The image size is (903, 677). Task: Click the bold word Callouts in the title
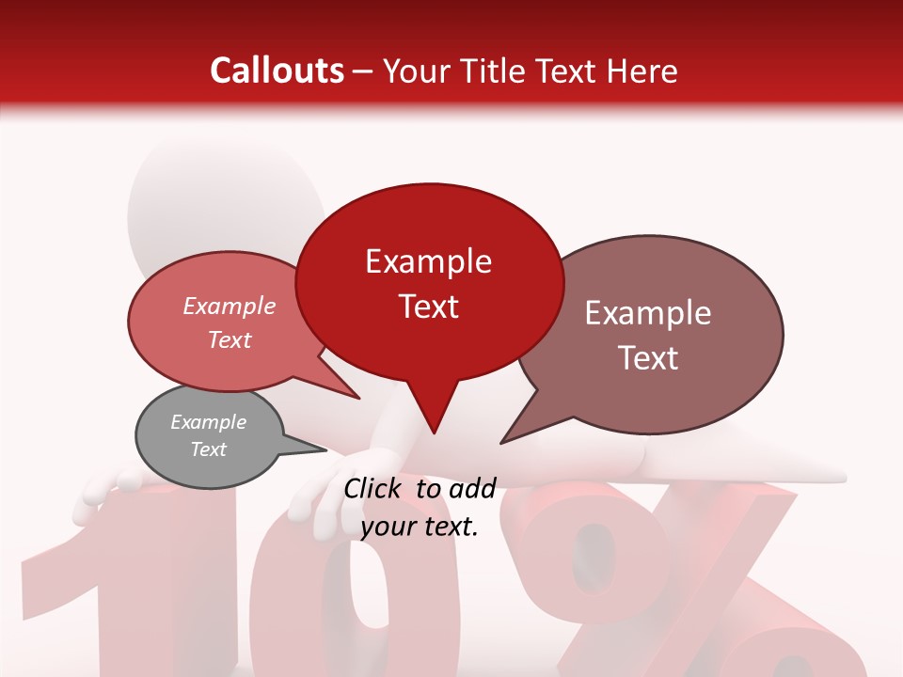click(277, 71)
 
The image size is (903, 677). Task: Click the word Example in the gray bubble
click(208, 422)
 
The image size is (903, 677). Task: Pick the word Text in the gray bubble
click(208, 449)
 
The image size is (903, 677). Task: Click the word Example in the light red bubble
click(230, 306)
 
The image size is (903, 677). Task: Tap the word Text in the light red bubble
click(230, 339)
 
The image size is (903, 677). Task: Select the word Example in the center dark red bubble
click(428, 261)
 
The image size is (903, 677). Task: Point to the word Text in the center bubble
click(428, 307)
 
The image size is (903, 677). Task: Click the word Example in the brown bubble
click(648, 313)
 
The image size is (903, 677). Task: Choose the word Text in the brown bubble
click(648, 358)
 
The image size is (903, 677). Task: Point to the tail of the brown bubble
click(522, 428)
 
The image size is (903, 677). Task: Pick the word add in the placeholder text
click(472, 488)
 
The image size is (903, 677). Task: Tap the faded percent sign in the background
click(677, 583)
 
